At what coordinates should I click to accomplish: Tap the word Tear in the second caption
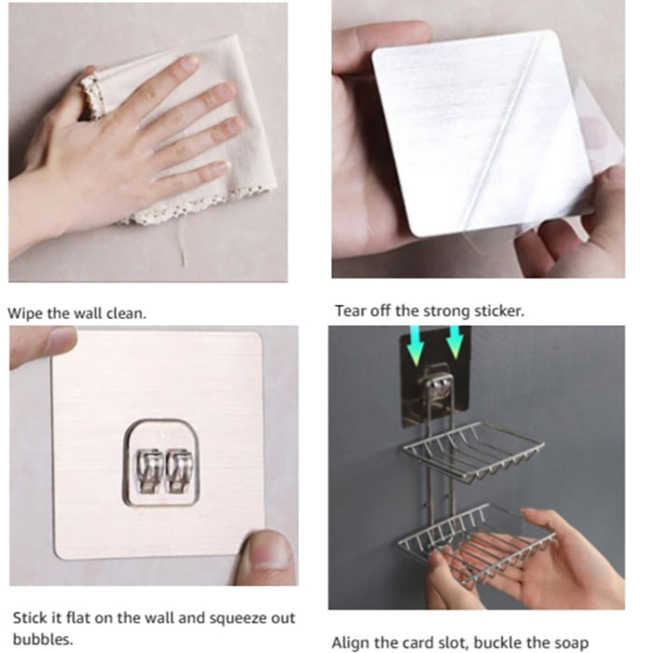350,311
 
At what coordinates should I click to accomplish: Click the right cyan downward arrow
454,340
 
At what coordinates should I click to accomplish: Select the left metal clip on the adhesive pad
147,470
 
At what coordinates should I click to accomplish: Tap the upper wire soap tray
474,452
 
